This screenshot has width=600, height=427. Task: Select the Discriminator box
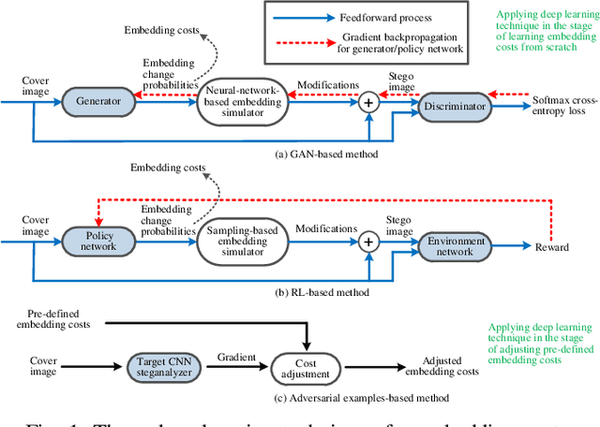coord(455,107)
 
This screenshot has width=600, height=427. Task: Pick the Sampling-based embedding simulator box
coord(241,242)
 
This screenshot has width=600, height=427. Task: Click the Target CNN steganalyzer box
coord(169,369)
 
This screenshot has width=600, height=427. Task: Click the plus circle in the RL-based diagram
coord(367,242)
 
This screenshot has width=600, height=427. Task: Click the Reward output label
coord(551,247)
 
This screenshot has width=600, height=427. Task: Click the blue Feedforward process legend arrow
coord(313,16)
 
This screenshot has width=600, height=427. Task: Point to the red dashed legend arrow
coord(313,42)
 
